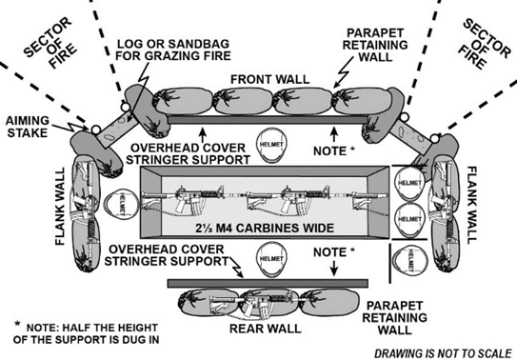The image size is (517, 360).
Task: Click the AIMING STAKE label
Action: coord(28,127)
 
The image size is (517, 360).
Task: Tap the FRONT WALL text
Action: coord(270,79)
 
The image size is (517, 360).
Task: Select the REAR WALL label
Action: coord(266,329)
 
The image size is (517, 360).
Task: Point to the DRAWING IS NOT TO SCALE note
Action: coord(444,352)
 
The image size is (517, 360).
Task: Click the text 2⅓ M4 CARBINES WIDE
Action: coord(265,228)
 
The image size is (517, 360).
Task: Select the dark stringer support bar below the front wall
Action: coord(268,120)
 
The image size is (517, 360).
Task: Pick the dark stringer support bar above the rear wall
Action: coord(268,283)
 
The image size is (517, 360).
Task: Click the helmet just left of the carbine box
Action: coord(121,205)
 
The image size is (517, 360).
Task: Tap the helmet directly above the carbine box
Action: coord(271,145)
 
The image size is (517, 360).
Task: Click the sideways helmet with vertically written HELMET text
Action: coord(410,261)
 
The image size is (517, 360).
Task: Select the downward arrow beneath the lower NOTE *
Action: coord(334,268)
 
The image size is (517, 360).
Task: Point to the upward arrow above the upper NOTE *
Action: coord(334,135)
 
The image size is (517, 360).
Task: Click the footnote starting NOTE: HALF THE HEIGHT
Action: coord(87,333)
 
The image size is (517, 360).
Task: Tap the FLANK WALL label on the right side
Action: coord(472,205)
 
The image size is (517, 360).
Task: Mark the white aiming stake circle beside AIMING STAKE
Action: coord(95,130)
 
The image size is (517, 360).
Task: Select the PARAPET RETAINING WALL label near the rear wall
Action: coord(395,317)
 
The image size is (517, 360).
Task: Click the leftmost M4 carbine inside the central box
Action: coord(184,198)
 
